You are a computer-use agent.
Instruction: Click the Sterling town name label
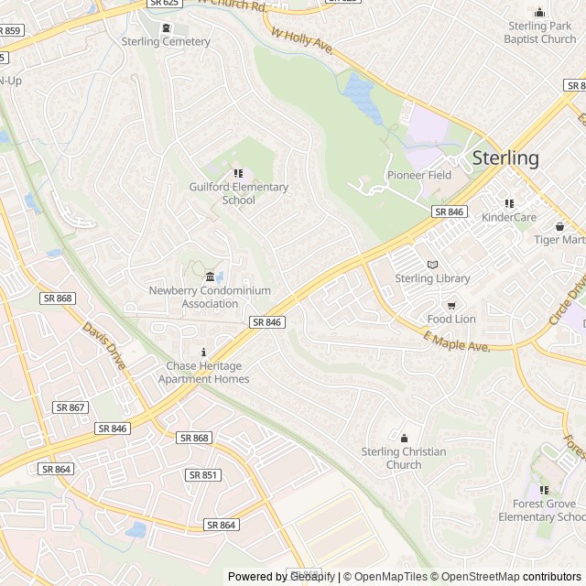pyautogui.click(x=505, y=157)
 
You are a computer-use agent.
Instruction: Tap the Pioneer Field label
pyautogui.click(x=418, y=175)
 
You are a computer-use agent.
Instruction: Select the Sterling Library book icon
pyautogui.click(x=432, y=265)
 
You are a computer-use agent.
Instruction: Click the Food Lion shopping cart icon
pyautogui.click(x=450, y=305)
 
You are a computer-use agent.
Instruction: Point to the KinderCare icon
pyautogui.click(x=509, y=203)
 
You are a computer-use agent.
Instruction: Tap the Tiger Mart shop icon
pyautogui.click(x=559, y=226)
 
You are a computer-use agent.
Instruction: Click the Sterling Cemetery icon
pyautogui.click(x=166, y=27)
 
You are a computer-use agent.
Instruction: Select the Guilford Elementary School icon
pyautogui.click(x=238, y=173)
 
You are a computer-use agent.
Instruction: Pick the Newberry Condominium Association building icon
pyautogui.click(x=210, y=277)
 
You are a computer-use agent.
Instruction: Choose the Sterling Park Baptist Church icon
pyautogui.click(x=539, y=12)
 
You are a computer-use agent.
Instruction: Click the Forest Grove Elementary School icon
pyautogui.click(x=544, y=490)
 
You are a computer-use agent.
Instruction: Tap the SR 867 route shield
pyautogui.click(x=70, y=407)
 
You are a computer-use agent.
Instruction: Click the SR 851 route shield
pyautogui.click(x=202, y=475)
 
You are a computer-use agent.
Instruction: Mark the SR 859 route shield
pyautogui.click(x=9, y=30)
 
